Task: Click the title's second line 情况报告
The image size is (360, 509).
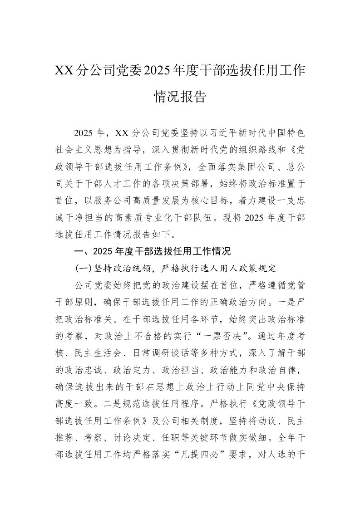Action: click(180, 97)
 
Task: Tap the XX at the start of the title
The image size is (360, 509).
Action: click(64, 71)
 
